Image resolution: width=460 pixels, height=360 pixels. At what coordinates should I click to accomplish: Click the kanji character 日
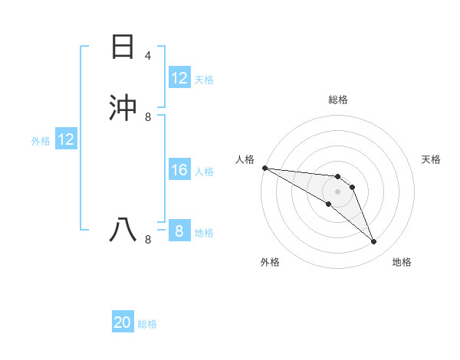(x=122, y=47)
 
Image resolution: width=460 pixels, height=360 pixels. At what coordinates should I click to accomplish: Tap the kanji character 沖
(x=122, y=108)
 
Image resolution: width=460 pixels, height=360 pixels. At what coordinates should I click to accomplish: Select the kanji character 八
(x=122, y=230)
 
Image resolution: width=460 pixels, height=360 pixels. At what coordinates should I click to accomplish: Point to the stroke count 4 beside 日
(x=148, y=56)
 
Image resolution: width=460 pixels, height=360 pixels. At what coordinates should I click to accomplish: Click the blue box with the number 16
(x=179, y=171)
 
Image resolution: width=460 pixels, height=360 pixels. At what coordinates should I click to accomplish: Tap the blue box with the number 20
(x=123, y=323)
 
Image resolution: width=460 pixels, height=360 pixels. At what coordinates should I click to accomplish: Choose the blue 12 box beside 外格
(x=65, y=139)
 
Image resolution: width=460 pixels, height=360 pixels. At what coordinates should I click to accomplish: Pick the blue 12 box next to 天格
(x=179, y=78)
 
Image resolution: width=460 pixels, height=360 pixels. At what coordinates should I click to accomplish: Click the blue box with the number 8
(x=179, y=231)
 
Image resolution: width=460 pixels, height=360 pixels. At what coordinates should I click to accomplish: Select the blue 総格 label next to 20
(x=147, y=324)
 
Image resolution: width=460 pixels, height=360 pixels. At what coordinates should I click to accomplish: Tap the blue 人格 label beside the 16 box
(x=204, y=172)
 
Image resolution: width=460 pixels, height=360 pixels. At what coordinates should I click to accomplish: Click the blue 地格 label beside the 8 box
(x=204, y=233)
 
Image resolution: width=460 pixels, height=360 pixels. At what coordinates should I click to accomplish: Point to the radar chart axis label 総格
(x=337, y=100)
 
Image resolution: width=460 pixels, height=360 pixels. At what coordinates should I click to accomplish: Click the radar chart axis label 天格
(x=432, y=159)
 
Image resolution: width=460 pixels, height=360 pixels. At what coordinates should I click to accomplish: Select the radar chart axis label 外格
(x=270, y=262)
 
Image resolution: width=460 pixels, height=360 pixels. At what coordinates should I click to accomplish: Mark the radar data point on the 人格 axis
(x=264, y=168)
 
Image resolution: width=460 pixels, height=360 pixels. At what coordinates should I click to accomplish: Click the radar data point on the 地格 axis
(x=374, y=242)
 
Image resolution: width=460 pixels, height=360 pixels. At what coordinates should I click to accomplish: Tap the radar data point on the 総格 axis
(x=337, y=177)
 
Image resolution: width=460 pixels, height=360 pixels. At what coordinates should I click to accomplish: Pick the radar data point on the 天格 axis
(x=352, y=187)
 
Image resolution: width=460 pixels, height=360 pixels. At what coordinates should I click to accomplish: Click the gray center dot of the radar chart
(x=337, y=191)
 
